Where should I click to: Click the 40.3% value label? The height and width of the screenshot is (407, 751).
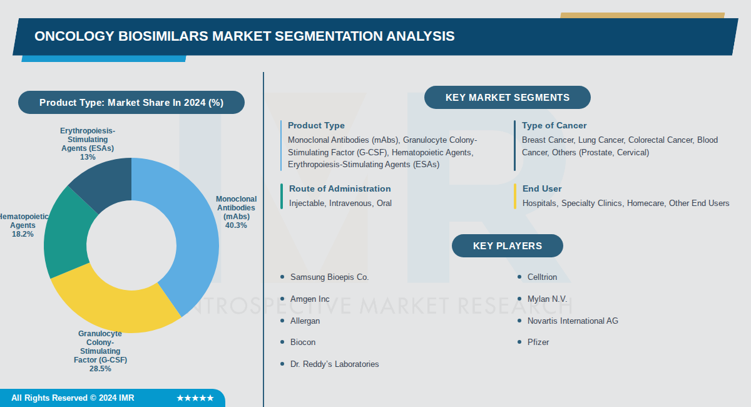point(236,225)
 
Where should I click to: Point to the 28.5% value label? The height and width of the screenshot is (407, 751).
point(100,369)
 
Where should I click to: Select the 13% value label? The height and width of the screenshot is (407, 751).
point(88,157)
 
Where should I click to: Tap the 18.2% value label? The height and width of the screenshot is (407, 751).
point(23,234)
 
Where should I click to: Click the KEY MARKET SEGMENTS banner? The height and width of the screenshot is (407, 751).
point(507,98)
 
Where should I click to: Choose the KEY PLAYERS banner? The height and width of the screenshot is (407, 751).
point(507,246)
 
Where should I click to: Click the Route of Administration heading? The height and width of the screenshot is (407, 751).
point(339,188)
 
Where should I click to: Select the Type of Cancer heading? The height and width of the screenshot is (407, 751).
point(554,125)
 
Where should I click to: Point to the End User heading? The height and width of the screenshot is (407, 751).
point(542,188)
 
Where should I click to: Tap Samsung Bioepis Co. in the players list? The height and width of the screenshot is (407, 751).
point(329,277)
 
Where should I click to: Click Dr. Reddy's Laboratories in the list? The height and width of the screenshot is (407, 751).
point(334,364)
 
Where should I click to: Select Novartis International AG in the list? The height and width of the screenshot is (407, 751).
point(572,321)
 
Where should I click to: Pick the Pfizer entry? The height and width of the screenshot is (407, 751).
point(538,342)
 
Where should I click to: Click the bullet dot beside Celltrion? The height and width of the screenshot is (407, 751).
point(519,277)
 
